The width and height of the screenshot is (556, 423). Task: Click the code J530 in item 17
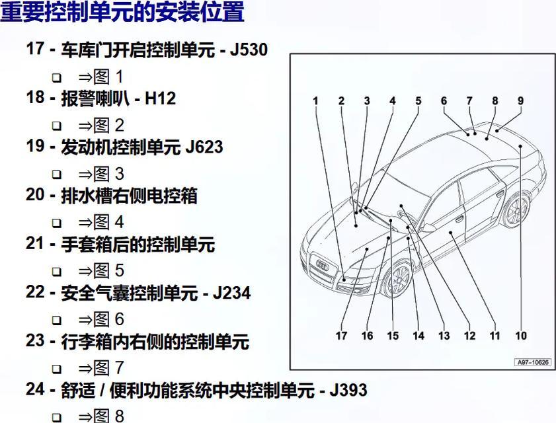pos(249,50)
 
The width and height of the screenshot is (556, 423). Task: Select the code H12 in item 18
pos(160,98)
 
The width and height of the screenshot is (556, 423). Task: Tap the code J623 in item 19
pos(204,147)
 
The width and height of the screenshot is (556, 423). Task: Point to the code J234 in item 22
pos(232,293)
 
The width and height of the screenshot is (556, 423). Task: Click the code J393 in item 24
pos(348,390)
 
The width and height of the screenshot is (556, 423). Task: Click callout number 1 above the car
pos(315,101)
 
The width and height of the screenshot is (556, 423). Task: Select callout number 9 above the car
pos(520,101)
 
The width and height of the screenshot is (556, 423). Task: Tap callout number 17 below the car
pos(342,335)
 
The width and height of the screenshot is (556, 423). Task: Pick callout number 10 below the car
pos(521,335)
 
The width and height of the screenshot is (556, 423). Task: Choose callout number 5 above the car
pos(418,101)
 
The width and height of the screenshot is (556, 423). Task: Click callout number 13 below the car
pos(444,335)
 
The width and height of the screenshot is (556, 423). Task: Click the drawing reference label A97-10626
pos(533,362)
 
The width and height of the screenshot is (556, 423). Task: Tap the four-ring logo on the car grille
pos(323,264)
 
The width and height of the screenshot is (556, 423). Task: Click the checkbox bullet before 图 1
pos(56,77)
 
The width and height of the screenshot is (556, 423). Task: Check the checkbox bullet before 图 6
pos(56,321)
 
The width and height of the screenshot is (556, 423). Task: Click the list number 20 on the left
pos(35,195)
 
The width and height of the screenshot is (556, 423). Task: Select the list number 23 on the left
pos(35,341)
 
